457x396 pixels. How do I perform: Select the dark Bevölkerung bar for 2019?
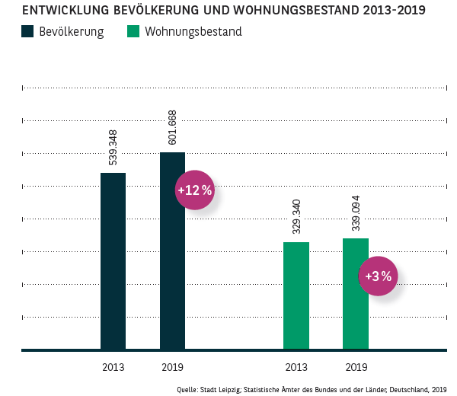[x=172, y=251]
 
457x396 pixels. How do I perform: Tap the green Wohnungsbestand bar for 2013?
[x=296, y=296]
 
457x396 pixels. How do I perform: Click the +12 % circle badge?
[x=195, y=190]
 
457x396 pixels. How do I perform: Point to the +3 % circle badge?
[x=378, y=276]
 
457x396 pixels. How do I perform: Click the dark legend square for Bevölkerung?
[x=28, y=32]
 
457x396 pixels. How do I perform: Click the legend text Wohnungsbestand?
[x=193, y=32]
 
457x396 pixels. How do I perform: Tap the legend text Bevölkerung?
[x=71, y=32]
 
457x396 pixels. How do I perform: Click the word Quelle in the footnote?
[x=187, y=388]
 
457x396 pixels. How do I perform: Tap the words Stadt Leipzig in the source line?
[x=222, y=388]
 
